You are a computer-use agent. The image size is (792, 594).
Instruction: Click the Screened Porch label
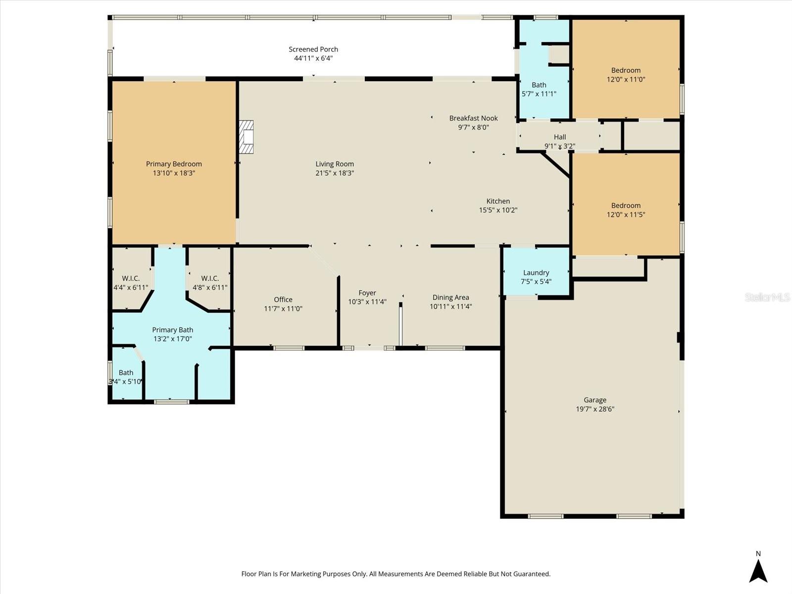click(313, 49)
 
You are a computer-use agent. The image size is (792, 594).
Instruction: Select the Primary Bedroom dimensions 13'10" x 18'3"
click(174, 173)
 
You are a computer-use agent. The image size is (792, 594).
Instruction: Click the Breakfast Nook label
click(473, 118)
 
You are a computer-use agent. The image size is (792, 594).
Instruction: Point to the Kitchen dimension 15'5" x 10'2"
click(498, 210)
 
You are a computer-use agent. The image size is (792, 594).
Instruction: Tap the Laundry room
click(536, 277)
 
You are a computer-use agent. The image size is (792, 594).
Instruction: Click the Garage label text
click(594, 400)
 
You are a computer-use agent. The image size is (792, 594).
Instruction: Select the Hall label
click(559, 137)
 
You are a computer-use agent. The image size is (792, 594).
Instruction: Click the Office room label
click(283, 299)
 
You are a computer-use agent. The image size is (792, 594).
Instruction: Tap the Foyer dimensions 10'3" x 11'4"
click(367, 302)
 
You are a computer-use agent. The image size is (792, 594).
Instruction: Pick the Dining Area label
click(450, 297)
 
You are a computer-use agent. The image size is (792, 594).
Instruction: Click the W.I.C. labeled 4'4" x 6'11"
click(131, 283)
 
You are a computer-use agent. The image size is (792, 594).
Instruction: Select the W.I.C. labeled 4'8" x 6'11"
click(210, 283)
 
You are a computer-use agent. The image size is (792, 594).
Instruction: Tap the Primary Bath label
click(172, 330)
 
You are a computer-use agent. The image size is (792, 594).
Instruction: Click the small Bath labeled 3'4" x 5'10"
click(126, 377)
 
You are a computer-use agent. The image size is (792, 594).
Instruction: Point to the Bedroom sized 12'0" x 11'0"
click(626, 75)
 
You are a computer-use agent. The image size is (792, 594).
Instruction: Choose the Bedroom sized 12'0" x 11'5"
click(626, 210)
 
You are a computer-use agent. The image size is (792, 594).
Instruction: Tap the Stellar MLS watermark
click(767, 297)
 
